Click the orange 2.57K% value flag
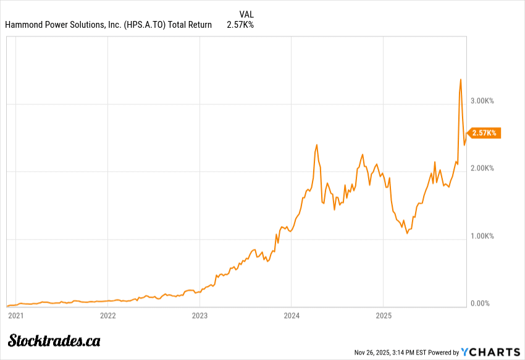[484, 133]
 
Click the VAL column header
[246, 14]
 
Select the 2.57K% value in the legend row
[240, 25]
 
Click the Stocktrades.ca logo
[54, 340]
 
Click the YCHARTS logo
[490, 352]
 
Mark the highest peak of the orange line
[461, 79]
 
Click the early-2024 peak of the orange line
[317, 145]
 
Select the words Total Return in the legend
[190, 25]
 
